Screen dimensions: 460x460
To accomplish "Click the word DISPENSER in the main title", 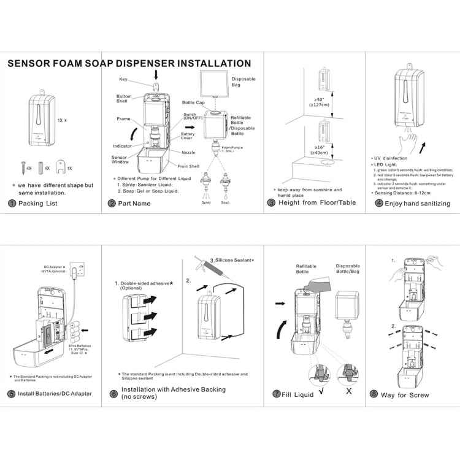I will point(134,63).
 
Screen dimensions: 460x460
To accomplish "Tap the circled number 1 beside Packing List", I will point(12,203).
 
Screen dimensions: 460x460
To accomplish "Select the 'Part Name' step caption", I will point(134,203).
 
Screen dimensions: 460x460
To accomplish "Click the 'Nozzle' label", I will point(189,152).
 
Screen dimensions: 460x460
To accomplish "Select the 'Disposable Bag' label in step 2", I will point(243,82).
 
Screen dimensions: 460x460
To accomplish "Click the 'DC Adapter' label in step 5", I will point(55,267).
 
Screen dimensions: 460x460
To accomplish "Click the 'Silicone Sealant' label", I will point(232,260).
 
